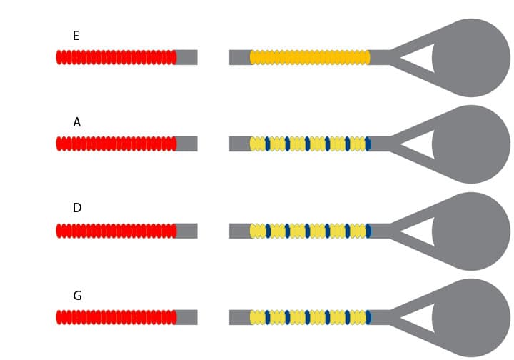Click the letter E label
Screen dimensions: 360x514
76,36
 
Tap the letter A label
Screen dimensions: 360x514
76,122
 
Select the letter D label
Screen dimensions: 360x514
77,208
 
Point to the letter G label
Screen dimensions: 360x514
77,295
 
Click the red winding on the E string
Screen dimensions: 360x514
116,57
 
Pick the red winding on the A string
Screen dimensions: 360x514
116,144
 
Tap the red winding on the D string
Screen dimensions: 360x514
116,231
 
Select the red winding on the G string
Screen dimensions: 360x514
116,317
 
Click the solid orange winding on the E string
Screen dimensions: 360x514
310,57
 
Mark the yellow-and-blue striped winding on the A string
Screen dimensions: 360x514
310,144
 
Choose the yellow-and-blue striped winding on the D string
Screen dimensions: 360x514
310,231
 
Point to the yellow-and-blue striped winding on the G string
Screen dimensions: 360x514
310,317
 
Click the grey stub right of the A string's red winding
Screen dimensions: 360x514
186,144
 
